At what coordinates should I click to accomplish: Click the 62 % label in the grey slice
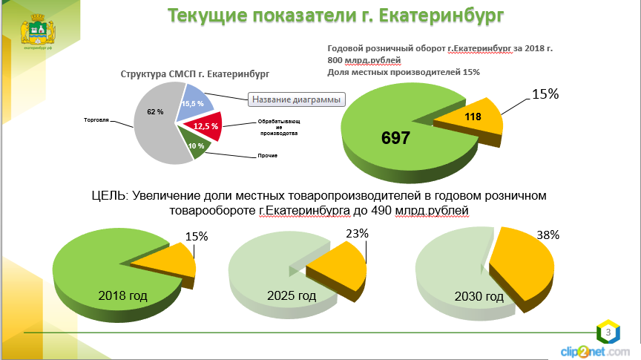click(x=154, y=111)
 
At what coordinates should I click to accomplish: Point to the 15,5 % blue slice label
click(x=192, y=104)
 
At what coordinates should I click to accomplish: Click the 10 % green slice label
click(x=196, y=145)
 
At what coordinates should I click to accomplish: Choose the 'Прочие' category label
click(x=267, y=155)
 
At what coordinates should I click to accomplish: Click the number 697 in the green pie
click(x=395, y=138)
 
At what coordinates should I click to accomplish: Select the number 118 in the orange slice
click(x=473, y=117)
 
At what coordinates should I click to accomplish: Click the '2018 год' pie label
click(x=122, y=295)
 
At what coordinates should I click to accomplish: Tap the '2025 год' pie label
click(x=292, y=296)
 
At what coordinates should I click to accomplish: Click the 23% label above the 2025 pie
click(x=357, y=232)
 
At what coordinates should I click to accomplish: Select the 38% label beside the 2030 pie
click(x=548, y=234)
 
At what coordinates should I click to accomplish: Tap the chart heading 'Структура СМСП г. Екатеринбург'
click(x=194, y=74)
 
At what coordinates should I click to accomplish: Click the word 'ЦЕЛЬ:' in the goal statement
click(x=110, y=195)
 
